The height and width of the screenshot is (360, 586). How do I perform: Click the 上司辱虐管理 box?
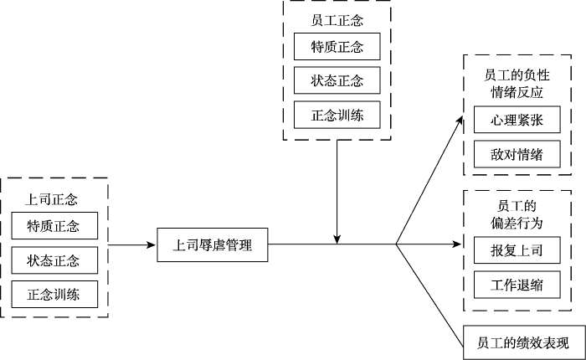point(213,246)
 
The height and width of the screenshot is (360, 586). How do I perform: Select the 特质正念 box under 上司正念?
point(54,227)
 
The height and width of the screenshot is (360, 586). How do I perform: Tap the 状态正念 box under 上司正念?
point(54,260)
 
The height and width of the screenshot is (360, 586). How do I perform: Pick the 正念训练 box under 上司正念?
point(54,294)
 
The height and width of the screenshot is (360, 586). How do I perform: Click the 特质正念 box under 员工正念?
point(337,45)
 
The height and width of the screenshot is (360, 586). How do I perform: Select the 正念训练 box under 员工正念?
point(337,113)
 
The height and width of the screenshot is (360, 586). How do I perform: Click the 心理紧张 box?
point(516,121)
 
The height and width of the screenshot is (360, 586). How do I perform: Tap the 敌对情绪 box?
point(516,155)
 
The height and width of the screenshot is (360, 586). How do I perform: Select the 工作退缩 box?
point(516,284)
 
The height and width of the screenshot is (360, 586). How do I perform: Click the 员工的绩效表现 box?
point(522,343)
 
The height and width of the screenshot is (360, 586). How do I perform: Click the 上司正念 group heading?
point(52,201)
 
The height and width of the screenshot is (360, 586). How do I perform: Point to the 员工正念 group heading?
point(337,18)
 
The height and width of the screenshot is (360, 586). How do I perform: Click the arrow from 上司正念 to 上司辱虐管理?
point(132,246)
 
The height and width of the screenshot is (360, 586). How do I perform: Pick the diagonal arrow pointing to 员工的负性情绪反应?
point(429,180)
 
